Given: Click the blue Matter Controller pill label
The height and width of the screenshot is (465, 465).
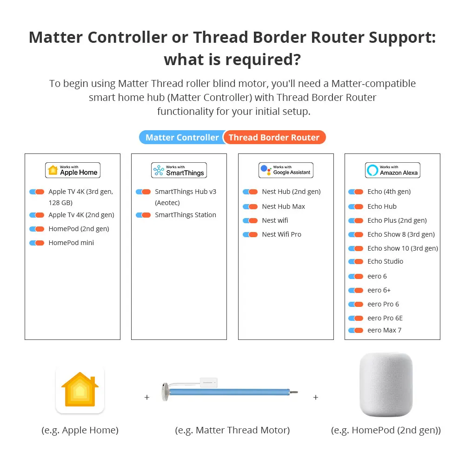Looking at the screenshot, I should click(182, 138).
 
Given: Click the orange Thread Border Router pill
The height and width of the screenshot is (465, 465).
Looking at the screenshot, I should click(274, 138).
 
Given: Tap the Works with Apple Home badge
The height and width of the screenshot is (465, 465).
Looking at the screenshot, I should click(73, 170).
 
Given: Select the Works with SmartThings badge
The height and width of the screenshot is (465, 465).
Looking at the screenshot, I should click(179, 170).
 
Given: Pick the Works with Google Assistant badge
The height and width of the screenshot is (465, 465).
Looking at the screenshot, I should click(286, 170).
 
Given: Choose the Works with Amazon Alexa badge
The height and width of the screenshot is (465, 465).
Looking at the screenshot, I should click(392, 170).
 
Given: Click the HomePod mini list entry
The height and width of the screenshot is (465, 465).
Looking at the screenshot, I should click(71, 243).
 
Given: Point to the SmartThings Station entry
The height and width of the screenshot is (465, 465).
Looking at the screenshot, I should click(185, 215).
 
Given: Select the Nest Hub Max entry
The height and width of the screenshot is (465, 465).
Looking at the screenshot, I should click(283, 206).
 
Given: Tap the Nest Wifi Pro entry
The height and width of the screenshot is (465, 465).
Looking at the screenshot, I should click(281, 234).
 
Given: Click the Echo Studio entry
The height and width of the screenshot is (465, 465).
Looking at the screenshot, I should click(385, 261).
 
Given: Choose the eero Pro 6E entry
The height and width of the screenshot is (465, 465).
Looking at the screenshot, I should click(385, 318).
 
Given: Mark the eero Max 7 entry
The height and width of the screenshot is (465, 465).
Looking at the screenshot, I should click(384, 330).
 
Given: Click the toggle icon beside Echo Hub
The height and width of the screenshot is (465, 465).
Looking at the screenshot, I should click(356, 206).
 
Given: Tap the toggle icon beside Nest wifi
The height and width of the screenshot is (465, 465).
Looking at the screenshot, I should click(250, 220).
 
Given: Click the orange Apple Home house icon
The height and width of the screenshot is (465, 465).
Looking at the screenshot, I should click(80, 390).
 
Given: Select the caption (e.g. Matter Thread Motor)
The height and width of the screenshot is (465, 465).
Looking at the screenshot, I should click(232, 431).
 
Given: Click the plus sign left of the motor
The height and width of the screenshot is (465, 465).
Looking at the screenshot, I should click(147, 398).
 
